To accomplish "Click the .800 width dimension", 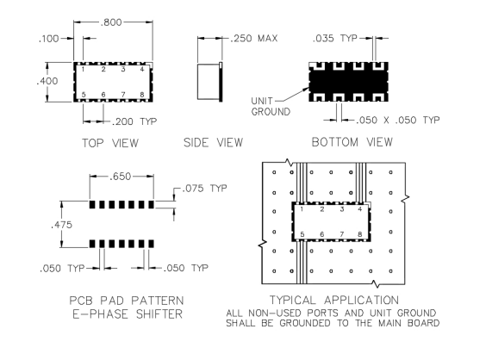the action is tap(111, 22).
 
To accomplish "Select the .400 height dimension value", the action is tap(47, 81).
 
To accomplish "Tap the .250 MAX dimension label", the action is tap(254, 39).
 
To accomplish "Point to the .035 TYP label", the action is tap(335, 38).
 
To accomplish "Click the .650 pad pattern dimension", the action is tap(120, 177).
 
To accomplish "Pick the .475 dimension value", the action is tap(61, 225).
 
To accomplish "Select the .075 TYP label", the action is tap(204, 188).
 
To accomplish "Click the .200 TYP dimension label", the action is tap(134, 121).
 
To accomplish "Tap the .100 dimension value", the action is tap(48, 39).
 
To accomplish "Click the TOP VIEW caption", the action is tap(110, 143).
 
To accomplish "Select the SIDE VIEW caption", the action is tap(214, 143).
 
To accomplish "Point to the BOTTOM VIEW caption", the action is tap(352, 142).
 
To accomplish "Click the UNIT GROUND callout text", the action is tap(271, 107).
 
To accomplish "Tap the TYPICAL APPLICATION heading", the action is tap(334, 300).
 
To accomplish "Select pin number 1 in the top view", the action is tap(83, 69).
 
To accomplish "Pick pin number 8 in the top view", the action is tap(142, 95).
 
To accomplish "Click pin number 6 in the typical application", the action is tap(322, 234).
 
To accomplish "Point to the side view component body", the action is tap(209, 82).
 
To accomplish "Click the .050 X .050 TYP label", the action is tap(398, 120).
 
